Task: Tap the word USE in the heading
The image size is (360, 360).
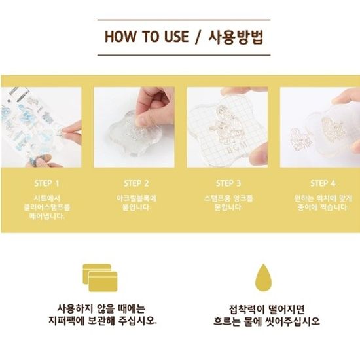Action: [176, 37]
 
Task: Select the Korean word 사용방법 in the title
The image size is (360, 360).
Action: [236, 37]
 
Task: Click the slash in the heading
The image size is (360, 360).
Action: [198, 37]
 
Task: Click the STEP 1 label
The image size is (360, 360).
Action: [46, 183]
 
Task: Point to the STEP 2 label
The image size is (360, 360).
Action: [136, 183]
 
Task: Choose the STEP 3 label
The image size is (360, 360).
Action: [228, 183]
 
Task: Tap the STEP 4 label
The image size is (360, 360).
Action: [323, 183]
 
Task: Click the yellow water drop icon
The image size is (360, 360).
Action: [263, 278]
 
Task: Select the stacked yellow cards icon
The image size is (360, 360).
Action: [100, 278]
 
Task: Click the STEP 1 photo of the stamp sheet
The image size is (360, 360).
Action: [41, 127]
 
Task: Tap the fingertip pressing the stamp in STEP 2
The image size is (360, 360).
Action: [144, 119]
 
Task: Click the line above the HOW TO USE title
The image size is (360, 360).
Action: [184, 20]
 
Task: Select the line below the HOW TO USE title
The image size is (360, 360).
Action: [184, 55]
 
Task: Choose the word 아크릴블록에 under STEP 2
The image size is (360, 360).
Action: [136, 198]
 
